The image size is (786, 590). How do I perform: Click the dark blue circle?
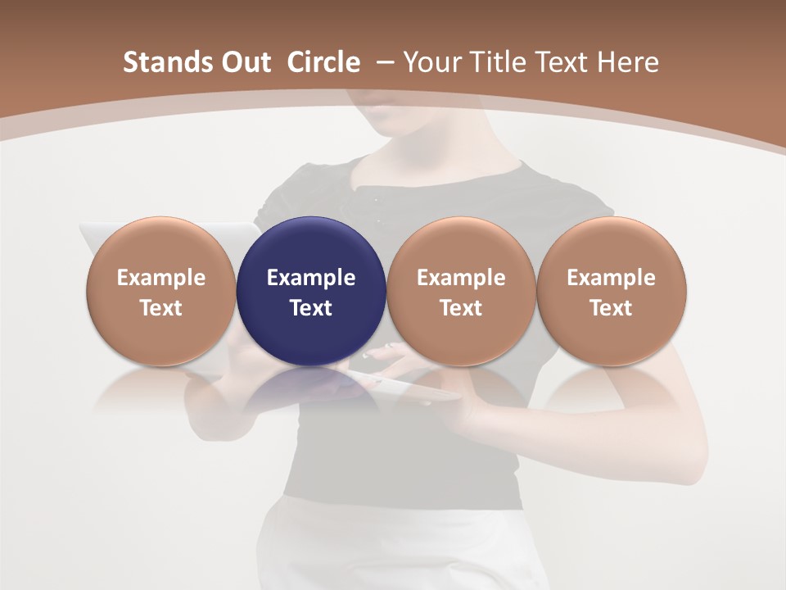(x=311, y=292)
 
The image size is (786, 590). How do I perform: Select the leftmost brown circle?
(x=161, y=292)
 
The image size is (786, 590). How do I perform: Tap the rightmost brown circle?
(x=611, y=292)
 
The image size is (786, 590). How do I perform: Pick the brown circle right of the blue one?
(x=461, y=292)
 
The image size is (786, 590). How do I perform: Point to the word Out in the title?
(x=243, y=62)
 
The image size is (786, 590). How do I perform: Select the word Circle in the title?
(x=323, y=62)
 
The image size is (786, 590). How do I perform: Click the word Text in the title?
(x=560, y=62)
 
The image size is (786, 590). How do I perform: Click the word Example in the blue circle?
(x=311, y=278)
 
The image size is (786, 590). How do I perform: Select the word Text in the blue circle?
(x=311, y=308)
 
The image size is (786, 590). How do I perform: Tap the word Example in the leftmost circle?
(x=161, y=278)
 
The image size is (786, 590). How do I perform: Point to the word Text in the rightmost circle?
(x=611, y=308)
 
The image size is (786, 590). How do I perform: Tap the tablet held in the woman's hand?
(x=401, y=385)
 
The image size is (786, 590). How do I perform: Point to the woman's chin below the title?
(x=401, y=123)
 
